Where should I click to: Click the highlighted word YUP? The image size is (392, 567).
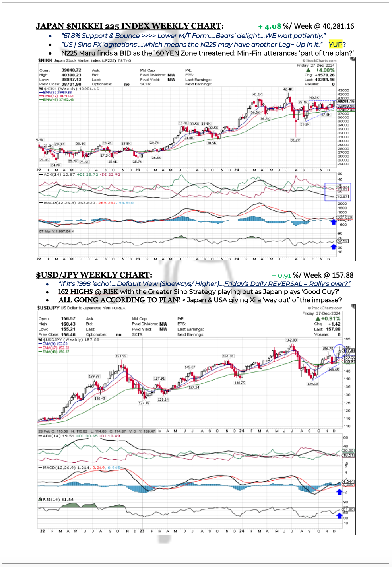335,45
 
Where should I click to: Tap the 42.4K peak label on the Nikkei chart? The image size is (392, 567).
287,89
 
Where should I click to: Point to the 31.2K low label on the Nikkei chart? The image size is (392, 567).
295,140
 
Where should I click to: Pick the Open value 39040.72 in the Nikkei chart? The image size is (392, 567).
71,70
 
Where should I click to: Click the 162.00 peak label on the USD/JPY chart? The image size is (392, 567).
291,340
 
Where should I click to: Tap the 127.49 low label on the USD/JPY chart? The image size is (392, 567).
144,403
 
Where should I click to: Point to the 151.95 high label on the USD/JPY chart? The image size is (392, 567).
121,356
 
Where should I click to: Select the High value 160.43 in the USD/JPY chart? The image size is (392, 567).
68,324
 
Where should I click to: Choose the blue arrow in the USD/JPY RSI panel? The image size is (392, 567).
339,516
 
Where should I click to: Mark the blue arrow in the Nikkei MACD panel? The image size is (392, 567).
334,222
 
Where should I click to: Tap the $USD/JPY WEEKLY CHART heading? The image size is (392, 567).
93,275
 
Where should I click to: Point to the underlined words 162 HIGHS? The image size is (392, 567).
75,291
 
